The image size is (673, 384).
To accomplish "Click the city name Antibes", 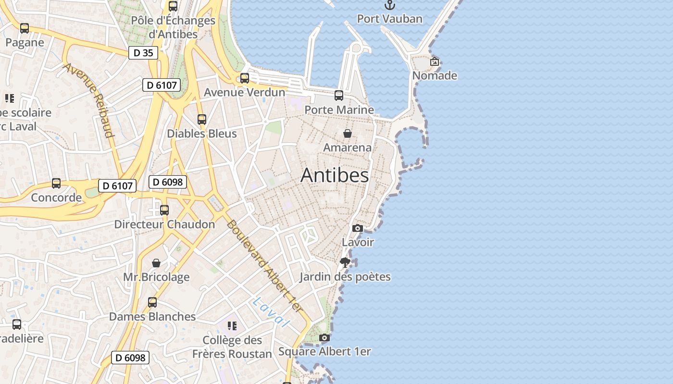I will tap(335, 175).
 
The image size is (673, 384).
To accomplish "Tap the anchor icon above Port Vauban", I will tap(390, 5).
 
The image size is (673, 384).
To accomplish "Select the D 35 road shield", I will tap(143, 53).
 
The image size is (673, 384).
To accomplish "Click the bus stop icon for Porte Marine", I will tap(339, 96).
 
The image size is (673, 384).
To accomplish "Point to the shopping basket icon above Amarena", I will tap(347, 133).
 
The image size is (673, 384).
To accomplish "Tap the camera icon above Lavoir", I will tap(357, 228).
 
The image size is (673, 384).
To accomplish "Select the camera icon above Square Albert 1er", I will tap(324, 338).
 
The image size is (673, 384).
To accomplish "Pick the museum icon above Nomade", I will tap(435, 61).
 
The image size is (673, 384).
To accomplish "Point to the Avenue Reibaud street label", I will tap(89, 100).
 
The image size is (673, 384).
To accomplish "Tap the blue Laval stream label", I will tap(271, 312).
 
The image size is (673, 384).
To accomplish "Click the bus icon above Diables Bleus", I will tap(202, 120).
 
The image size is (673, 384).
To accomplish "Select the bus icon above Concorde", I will tap(56, 183).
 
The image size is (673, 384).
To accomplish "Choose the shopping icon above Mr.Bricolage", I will tap(156, 263).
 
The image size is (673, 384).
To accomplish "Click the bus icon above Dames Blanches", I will tap(152, 302).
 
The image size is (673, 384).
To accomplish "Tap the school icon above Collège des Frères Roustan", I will tap(232, 326).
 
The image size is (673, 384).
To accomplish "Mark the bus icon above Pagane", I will tap(25, 28).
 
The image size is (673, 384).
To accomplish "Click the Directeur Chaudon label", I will tap(164, 224).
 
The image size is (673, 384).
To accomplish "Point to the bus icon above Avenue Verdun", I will tap(245, 78).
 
